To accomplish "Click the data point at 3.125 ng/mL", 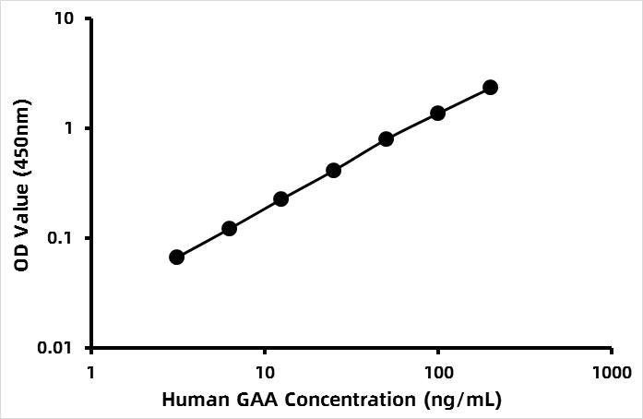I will [x=177, y=257].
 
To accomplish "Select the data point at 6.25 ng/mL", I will [x=230, y=228].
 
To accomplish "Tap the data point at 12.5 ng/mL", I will [x=281, y=198].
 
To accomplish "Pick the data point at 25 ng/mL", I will [x=334, y=170].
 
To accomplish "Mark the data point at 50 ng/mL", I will [x=387, y=138].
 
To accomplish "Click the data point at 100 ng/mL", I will [x=438, y=113].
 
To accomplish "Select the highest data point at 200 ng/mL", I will [x=491, y=87].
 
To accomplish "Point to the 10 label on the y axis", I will [x=67, y=18].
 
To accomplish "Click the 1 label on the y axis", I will [x=72, y=128].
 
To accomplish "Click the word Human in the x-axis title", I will [x=191, y=401].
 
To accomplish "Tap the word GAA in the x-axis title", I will [x=248, y=401].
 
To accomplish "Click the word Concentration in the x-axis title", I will [x=338, y=401].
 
